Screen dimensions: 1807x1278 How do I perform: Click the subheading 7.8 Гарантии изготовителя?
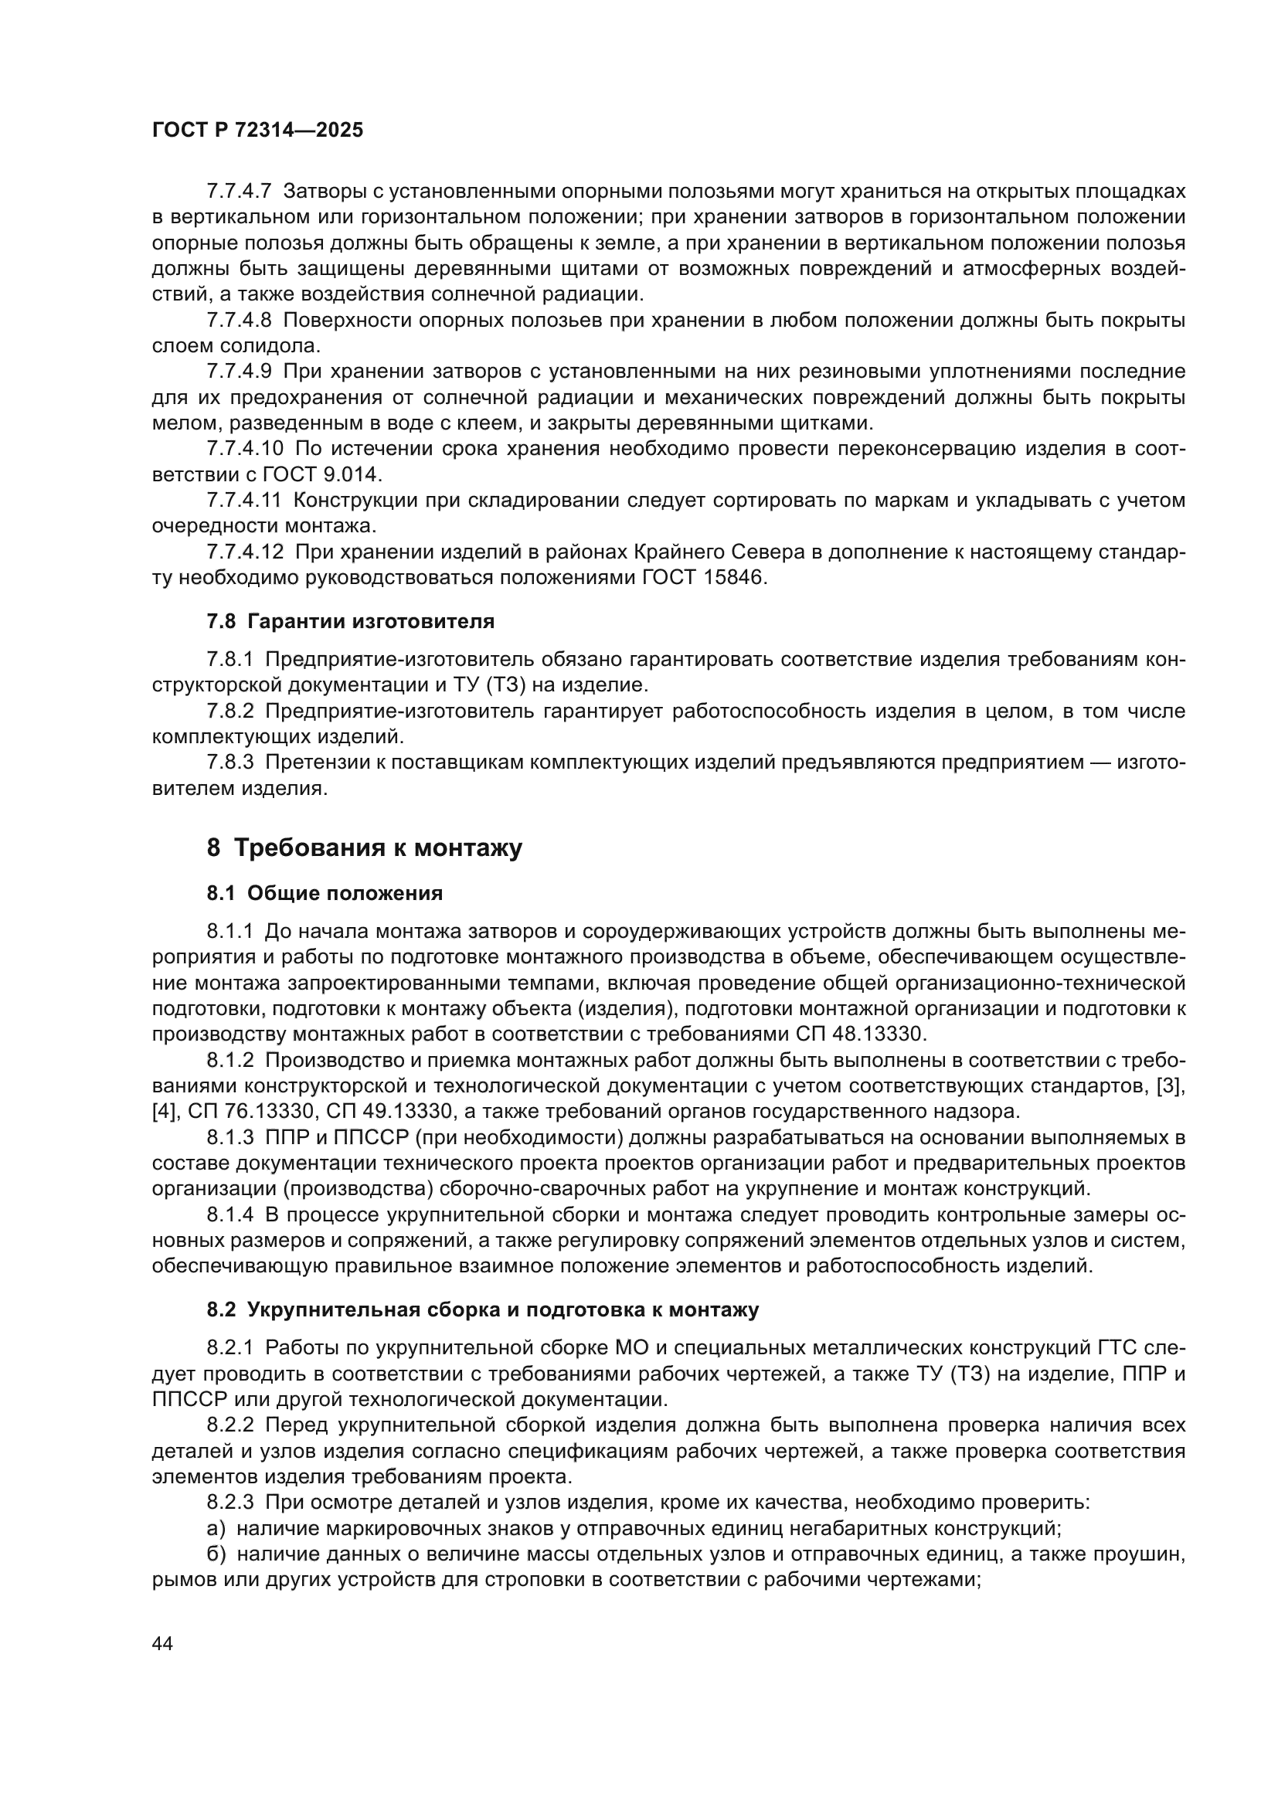coord(350,621)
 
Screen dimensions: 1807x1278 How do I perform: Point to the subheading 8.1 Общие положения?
coord(325,893)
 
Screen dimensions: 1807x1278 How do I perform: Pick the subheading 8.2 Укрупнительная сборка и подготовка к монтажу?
coord(482,1309)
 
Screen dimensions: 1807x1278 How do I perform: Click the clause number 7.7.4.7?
coord(239,192)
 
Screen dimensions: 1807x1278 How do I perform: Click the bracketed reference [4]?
coord(166,1111)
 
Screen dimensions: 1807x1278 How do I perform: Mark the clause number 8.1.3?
coord(229,1138)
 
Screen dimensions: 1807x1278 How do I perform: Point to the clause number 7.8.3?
coord(229,762)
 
